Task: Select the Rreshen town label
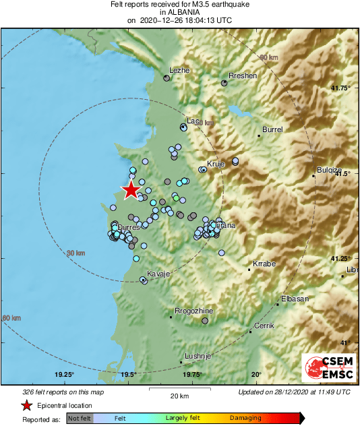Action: click(243, 76)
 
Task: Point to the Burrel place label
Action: click(272, 129)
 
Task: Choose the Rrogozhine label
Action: click(194, 311)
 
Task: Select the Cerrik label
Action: click(263, 326)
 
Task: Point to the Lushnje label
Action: click(199, 356)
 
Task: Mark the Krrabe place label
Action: click(264, 264)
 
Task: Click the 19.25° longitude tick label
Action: click(65, 375)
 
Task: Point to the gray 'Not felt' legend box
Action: click(80, 419)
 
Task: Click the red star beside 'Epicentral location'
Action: click(26, 406)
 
